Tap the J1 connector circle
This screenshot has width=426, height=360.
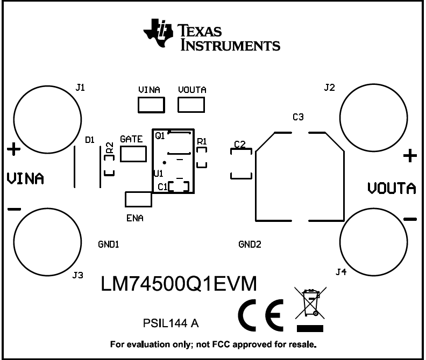tap(48, 118)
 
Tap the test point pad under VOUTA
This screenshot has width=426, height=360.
tap(192, 105)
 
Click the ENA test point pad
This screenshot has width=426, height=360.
tap(138, 199)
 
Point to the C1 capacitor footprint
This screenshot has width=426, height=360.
tap(179, 186)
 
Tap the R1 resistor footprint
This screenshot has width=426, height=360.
tap(202, 158)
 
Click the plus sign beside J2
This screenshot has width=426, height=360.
tap(410, 156)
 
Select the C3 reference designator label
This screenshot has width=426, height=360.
tap(298, 117)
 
